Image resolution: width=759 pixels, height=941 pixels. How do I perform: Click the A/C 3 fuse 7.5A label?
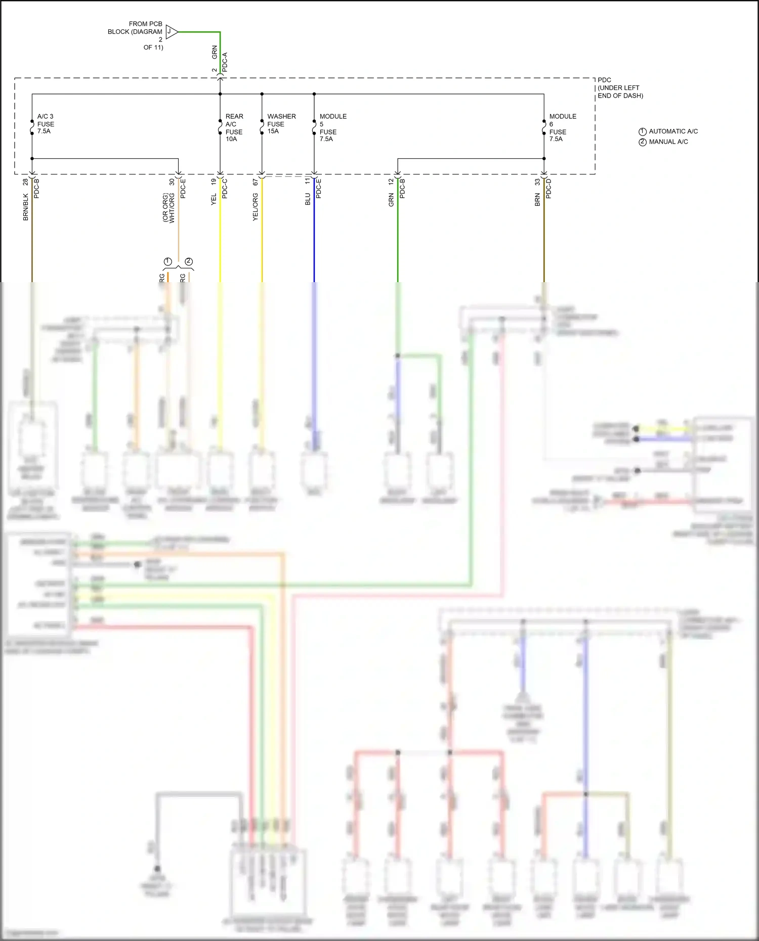tap(45, 124)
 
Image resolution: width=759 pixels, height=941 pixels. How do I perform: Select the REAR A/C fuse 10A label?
tap(234, 127)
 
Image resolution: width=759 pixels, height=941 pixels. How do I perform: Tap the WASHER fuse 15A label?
tap(281, 124)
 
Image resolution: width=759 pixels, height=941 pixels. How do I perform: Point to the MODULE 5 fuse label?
tap(332, 127)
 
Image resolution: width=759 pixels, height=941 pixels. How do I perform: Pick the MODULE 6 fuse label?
tap(562, 127)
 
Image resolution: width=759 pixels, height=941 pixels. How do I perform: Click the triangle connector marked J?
tap(171, 32)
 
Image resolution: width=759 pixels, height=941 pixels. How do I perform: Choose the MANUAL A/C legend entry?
tap(663, 142)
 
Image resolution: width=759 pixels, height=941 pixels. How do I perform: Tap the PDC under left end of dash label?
tap(620, 88)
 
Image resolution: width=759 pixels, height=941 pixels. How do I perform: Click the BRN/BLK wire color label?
tap(26, 207)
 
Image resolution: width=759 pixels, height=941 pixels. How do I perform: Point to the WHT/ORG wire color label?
tap(172, 208)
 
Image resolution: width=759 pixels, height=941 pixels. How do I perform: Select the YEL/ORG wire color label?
tap(255, 207)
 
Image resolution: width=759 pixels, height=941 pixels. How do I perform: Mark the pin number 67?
tap(256, 182)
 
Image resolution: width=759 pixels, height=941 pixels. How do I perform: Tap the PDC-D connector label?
tap(549, 188)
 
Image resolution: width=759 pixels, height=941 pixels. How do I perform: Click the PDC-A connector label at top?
tap(225, 62)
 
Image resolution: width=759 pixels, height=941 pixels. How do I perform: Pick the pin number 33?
tap(537, 182)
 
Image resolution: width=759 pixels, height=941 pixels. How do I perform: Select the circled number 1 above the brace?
tap(168, 261)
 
